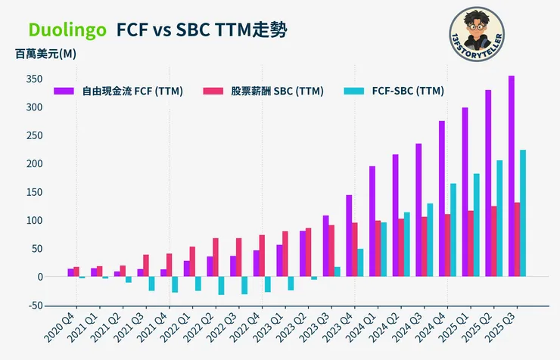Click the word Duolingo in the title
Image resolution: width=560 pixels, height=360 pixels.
pos(67,29)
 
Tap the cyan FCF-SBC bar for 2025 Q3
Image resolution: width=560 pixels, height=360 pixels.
pos(523,213)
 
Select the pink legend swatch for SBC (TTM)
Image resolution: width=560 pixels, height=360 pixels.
pos(213,92)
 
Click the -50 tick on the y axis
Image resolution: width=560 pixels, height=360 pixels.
pos(32,306)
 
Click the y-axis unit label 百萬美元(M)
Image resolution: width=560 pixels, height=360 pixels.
pos(45,54)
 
